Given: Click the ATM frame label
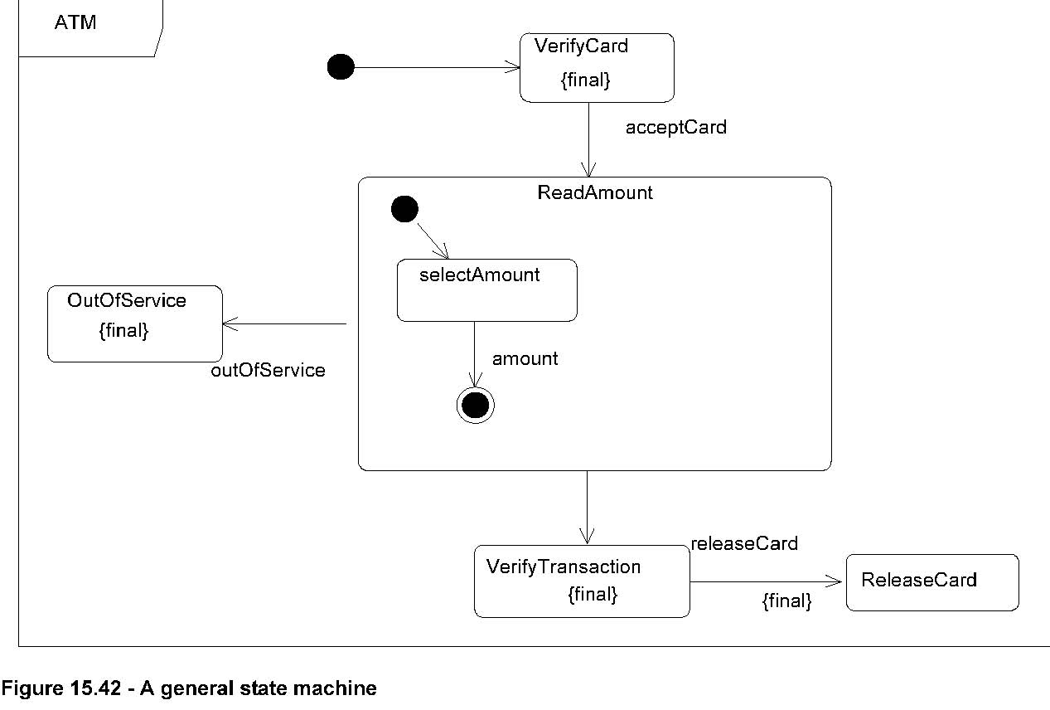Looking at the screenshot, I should click(75, 22).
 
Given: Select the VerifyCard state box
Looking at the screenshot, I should click(596, 67).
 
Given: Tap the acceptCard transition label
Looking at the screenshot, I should click(675, 128).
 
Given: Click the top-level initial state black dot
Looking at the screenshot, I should click(341, 67).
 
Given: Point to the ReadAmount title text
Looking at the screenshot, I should click(595, 192).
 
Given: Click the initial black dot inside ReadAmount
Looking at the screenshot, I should click(404, 210).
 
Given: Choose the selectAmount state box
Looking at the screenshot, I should click(486, 290).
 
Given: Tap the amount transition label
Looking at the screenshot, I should click(525, 358).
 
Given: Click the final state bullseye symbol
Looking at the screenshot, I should click(475, 405).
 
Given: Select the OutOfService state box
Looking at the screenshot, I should click(134, 323).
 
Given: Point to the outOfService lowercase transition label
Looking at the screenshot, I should click(268, 371).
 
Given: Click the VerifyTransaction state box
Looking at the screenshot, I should click(581, 581).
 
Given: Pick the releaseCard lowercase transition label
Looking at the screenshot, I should click(743, 544).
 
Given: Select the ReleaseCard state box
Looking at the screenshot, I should click(931, 582).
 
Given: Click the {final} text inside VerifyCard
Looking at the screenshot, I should click(585, 81).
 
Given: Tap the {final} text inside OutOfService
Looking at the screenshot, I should click(123, 331).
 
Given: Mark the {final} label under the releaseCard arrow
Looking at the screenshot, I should click(786, 601).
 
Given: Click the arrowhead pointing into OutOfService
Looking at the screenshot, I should click(230, 323).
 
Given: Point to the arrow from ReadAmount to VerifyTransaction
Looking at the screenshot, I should click(587, 507).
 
